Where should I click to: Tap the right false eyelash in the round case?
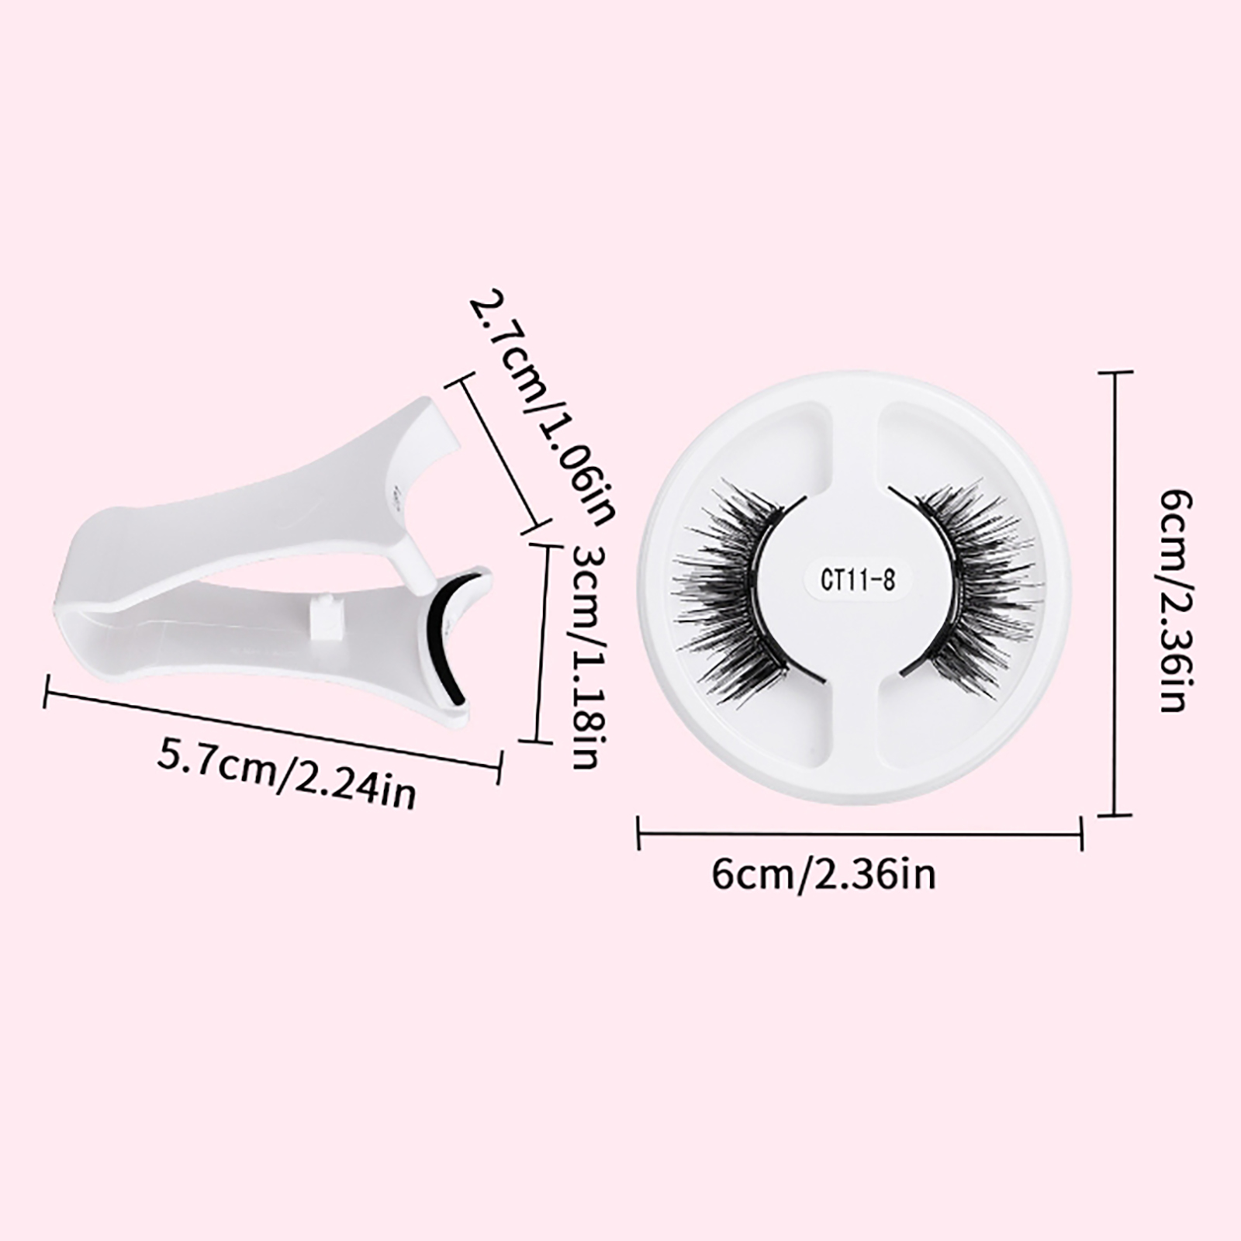pyautogui.click(x=970, y=581)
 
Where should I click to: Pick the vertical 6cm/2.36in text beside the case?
pyautogui.click(x=1172, y=601)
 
